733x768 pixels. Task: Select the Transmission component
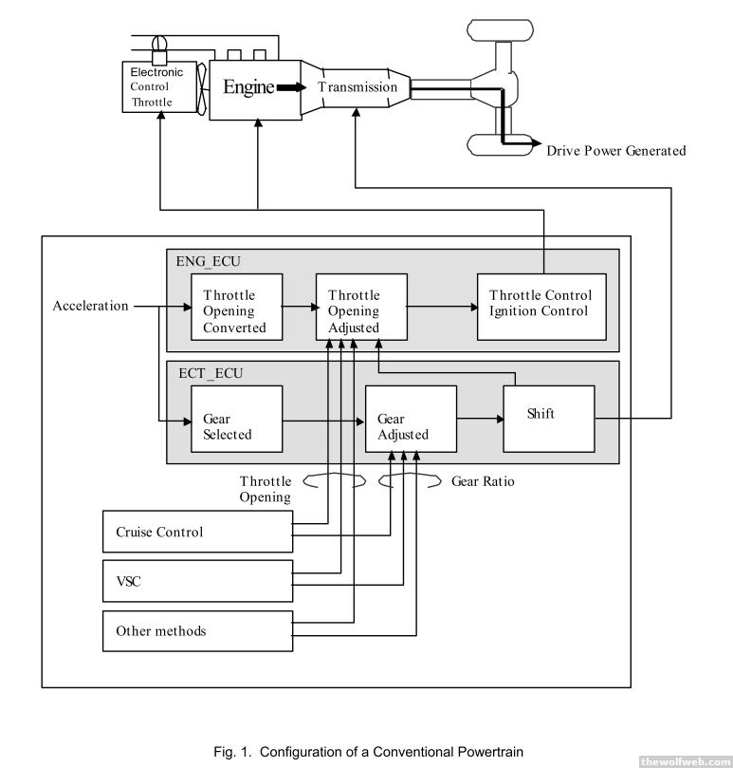(x=357, y=87)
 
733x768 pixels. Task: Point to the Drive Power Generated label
(x=615, y=151)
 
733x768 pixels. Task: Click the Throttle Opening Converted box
(x=235, y=310)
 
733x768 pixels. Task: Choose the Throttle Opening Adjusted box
(x=361, y=310)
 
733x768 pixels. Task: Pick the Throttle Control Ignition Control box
(x=540, y=303)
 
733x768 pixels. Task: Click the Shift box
(x=548, y=414)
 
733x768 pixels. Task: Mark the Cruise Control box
(x=196, y=532)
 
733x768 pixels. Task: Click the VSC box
(x=196, y=580)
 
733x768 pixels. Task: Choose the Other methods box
(x=196, y=630)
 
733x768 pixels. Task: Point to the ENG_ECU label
(x=205, y=260)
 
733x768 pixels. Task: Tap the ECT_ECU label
(x=205, y=373)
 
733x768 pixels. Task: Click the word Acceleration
(x=90, y=307)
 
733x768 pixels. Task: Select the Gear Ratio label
(x=483, y=481)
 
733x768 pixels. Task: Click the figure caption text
(x=368, y=753)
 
